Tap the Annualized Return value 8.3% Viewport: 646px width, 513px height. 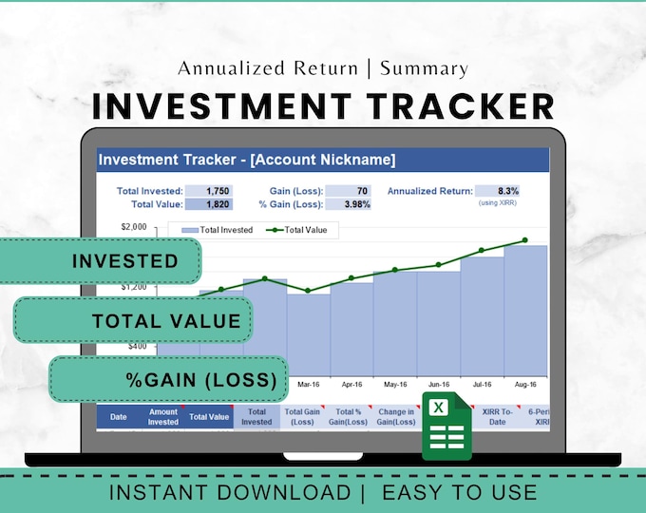click(x=497, y=190)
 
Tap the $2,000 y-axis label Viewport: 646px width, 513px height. click(x=134, y=227)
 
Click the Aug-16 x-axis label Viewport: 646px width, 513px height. click(x=525, y=385)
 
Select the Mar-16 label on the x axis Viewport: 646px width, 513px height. click(x=308, y=385)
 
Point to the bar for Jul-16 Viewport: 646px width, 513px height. click(x=482, y=313)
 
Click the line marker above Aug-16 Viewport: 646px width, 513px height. click(x=524, y=240)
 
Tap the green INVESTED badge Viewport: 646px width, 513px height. click(x=103, y=261)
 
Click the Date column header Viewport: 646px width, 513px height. click(x=119, y=417)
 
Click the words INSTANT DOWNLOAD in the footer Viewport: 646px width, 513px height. click(x=229, y=492)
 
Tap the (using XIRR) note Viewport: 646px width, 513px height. click(x=499, y=203)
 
